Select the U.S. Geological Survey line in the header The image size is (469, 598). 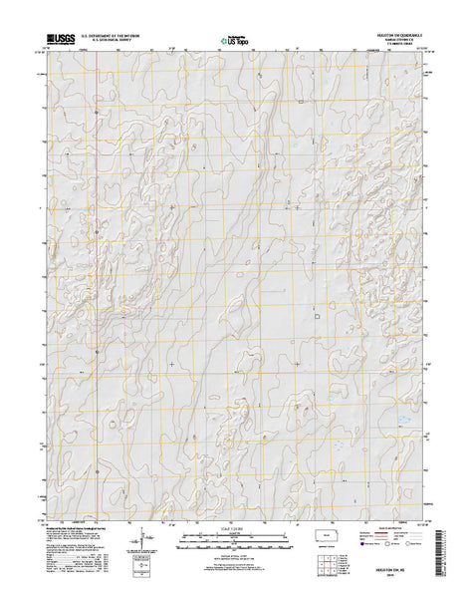coord(111,39)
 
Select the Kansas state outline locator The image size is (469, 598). coord(326,545)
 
